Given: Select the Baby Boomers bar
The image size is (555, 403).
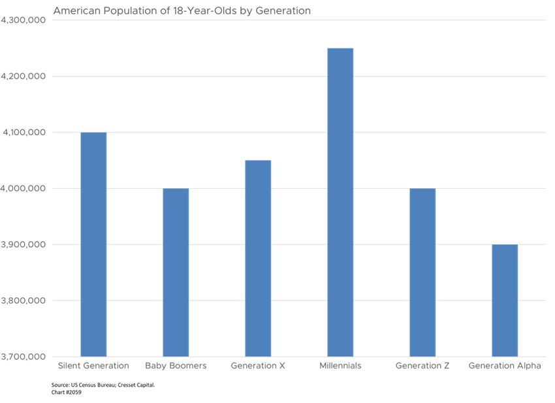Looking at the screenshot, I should pyautogui.click(x=176, y=272).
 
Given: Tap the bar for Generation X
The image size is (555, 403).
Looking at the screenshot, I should pyautogui.click(x=258, y=258).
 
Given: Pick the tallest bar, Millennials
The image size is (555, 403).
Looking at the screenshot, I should pyautogui.click(x=340, y=202).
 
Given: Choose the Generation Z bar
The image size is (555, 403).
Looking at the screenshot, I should pyautogui.click(x=422, y=272).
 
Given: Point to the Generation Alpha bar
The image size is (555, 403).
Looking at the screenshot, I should pyautogui.click(x=505, y=300).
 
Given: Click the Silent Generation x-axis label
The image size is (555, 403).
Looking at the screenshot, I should pyautogui.click(x=93, y=366).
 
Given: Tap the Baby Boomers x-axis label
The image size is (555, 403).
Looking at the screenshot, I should pyautogui.click(x=176, y=366).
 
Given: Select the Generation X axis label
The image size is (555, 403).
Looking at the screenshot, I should pyautogui.click(x=258, y=366).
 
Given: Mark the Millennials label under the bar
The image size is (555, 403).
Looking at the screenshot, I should pyautogui.click(x=340, y=366).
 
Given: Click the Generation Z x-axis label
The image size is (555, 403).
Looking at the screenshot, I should pyautogui.click(x=422, y=366).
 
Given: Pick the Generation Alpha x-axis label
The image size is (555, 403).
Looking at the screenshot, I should pyautogui.click(x=505, y=366).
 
